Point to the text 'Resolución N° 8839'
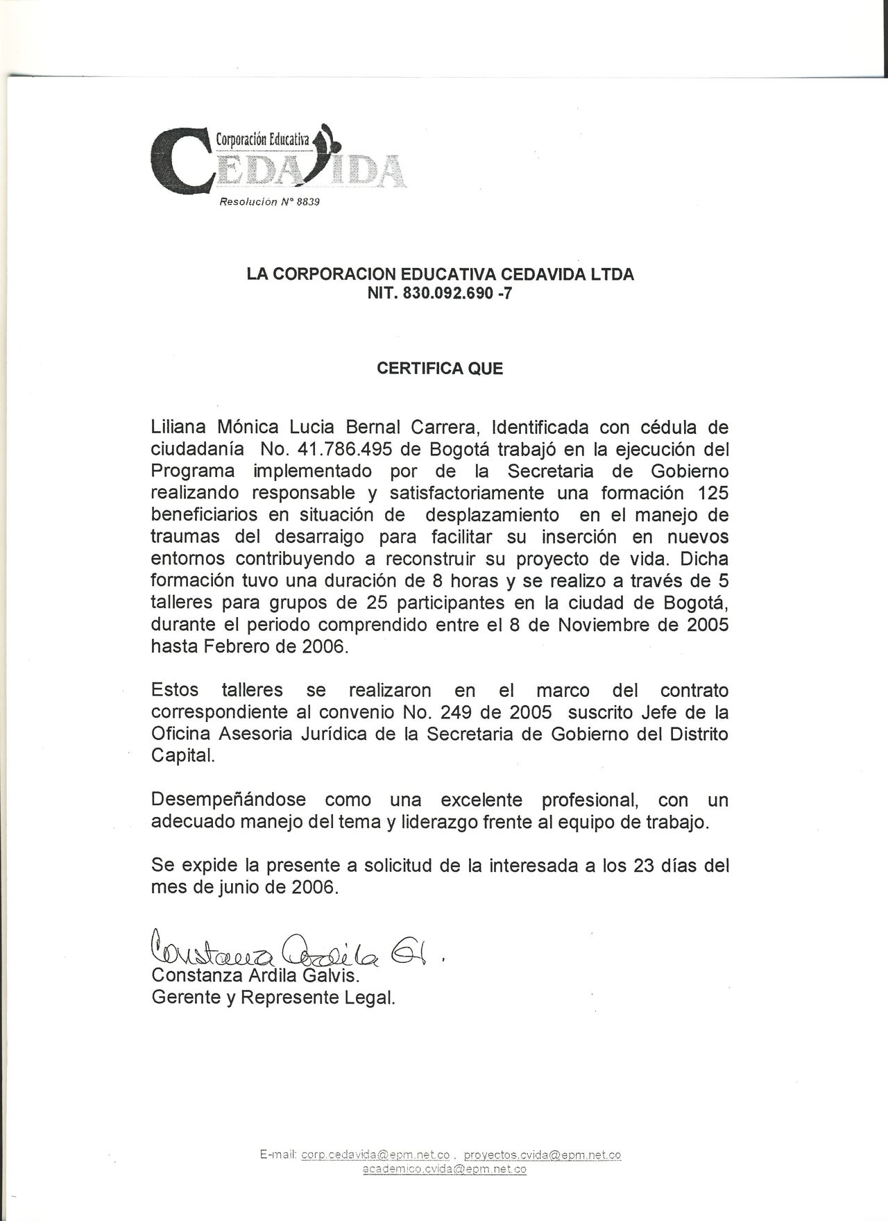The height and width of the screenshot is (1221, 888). [x=268, y=203]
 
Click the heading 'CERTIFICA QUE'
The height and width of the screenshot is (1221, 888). [x=440, y=369]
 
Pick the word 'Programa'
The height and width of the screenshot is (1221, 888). [x=192, y=471]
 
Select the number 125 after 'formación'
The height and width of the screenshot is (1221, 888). [x=713, y=494]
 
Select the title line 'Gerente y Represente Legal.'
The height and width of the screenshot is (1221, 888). [x=273, y=999]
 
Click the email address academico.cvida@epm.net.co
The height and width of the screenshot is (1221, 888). [x=445, y=1170]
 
